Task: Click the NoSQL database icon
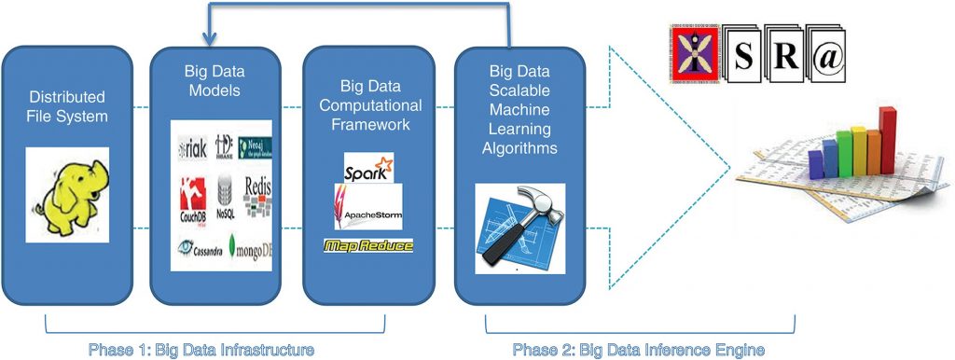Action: point(224,198)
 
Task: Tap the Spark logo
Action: point(367,171)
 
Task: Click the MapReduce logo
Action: point(368,246)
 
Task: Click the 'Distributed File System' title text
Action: point(67,106)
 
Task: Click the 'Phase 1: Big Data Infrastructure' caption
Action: point(201,350)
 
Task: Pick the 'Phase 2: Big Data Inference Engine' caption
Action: point(639,350)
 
